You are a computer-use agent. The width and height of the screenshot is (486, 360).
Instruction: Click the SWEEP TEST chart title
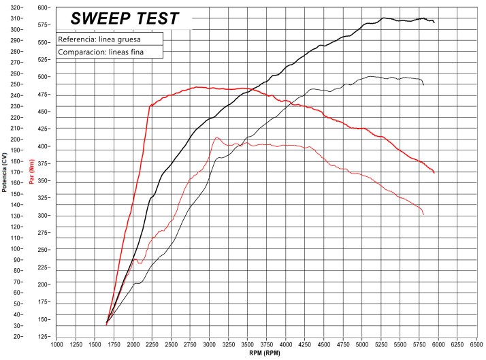coord(125,18)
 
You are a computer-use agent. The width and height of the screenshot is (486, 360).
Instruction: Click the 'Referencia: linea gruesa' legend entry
coord(99,39)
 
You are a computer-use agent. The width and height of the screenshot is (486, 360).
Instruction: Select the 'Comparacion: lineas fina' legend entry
coord(99,51)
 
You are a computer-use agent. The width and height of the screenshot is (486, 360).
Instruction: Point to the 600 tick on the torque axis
coord(44,7)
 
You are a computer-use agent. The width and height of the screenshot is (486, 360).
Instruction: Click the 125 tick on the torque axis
coord(44,337)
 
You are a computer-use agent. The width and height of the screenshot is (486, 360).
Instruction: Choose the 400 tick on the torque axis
coord(44,146)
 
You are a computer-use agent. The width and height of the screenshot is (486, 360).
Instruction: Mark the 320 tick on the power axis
coord(16,7)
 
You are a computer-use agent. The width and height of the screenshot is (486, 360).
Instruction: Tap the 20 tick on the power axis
coord(16,337)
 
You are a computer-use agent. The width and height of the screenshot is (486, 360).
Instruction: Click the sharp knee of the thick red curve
coord(150,105)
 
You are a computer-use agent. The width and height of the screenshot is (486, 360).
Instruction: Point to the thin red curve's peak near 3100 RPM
coord(216,137)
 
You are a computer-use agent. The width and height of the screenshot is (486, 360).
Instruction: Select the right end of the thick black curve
coord(434,22)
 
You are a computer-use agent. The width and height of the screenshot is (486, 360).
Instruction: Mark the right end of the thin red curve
coord(423,214)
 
